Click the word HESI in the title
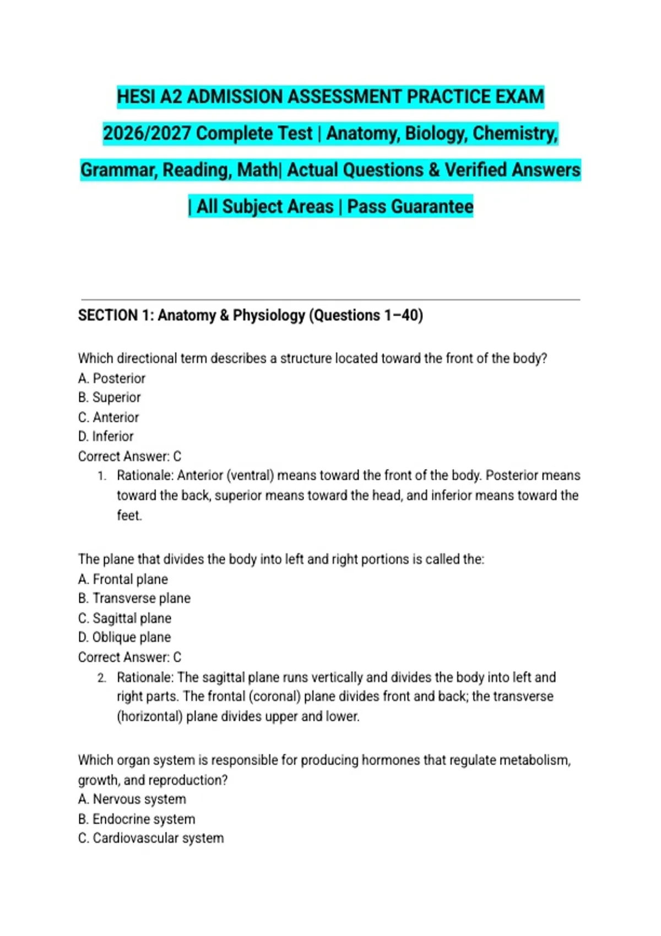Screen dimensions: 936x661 click(x=136, y=97)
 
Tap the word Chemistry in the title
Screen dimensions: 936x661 click(x=515, y=133)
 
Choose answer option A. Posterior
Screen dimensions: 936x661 click(x=112, y=378)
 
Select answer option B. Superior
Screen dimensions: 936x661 click(x=110, y=398)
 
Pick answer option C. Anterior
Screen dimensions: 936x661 click(x=109, y=417)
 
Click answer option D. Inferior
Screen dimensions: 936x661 click(x=106, y=437)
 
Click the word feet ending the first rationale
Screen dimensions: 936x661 click(x=128, y=515)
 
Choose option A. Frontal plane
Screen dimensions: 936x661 click(x=123, y=579)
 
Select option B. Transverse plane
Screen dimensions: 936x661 click(x=134, y=598)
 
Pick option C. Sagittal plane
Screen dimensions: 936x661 click(x=124, y=618)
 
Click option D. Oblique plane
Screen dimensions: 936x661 click(x=124, y=638)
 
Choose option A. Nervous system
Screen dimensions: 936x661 click(x=132, y=799)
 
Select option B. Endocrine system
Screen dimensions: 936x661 click(x=137, y=819)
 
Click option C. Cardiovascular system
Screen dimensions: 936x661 click(x=151, y=838)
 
